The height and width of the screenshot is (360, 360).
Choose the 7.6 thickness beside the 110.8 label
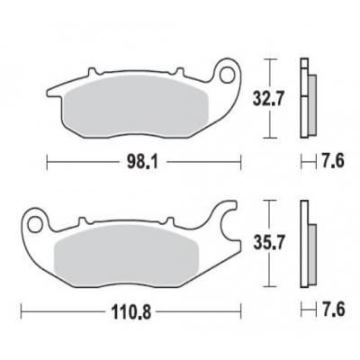[x=332, y=318]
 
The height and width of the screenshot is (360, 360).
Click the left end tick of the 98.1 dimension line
[x=45, y=163]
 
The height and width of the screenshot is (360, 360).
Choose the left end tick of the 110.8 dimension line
[x=22, y=318]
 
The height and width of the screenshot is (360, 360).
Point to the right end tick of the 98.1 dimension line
[x=243, y=163]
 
